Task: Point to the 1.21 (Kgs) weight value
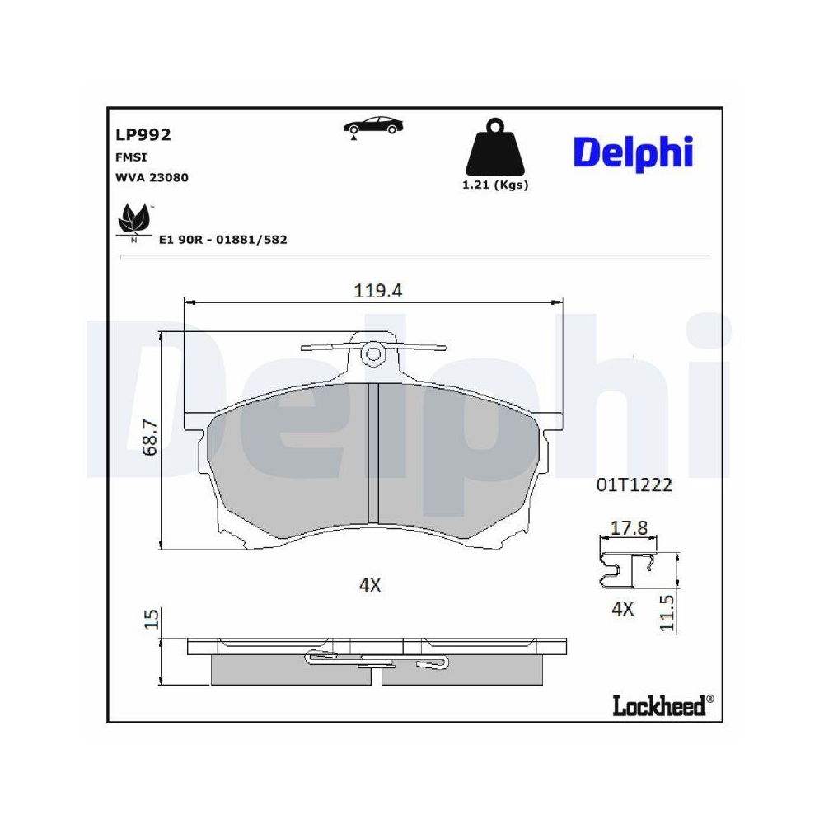click(x=495, y=185)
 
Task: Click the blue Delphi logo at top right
click(x=633, y=152)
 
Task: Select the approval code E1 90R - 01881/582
click(x=222, y=239)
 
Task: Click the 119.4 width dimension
click(x=377, y=290)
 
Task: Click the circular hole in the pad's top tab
click(x=373, y=354)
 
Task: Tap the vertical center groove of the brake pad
click(x=373, y=453)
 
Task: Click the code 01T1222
click(x=634, y=485)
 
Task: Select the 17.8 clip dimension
click(x=628, y=529)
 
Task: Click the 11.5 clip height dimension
click(x=668, y=614)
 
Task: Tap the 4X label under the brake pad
click(x=370, y=585)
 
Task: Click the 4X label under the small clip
click(x=623, y=609)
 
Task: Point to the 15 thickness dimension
click(x=150, y=620)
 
